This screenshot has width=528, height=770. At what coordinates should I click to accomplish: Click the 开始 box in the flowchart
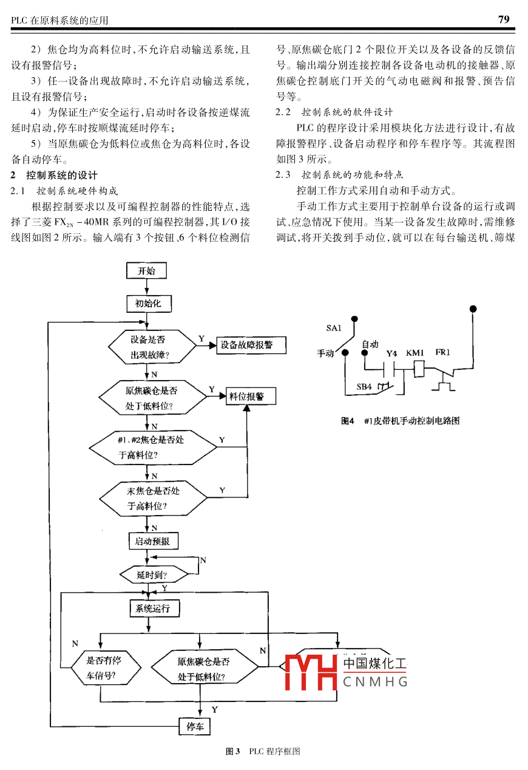click(x=146, y=271)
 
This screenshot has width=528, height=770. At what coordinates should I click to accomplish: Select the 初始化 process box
click(x=148, y=303)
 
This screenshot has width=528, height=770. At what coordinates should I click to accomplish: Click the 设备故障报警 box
click(x=246, y=346)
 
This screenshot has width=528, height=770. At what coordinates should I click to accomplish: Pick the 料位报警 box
click(x=251, y=397)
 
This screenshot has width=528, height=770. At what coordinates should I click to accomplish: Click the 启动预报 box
click(x=153, y=540)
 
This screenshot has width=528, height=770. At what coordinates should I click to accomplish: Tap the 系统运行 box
click(x=154, y=608)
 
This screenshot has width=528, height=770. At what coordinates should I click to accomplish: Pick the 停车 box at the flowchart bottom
click(x=195, y=726)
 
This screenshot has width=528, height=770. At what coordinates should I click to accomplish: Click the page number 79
click(x=504, y=19)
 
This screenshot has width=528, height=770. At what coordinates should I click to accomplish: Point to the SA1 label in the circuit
click(x=334, y=328)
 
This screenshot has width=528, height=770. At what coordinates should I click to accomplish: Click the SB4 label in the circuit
click(x=364, y=387)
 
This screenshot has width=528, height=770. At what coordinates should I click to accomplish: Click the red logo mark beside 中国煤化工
click(x=311, y=672)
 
